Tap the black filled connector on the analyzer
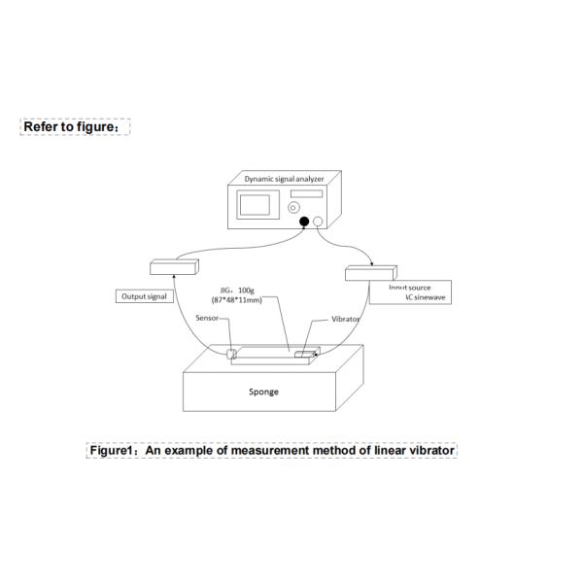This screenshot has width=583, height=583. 304,222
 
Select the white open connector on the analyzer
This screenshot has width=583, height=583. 318,222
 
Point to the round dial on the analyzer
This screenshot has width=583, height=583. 294,207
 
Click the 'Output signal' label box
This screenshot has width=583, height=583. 144,295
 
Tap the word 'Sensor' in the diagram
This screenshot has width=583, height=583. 207,318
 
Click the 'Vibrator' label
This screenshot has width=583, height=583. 346,319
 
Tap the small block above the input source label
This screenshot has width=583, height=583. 372,272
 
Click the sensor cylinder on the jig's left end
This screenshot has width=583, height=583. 232,354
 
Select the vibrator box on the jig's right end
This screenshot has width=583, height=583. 307,355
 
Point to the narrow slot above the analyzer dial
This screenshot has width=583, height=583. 306,194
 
